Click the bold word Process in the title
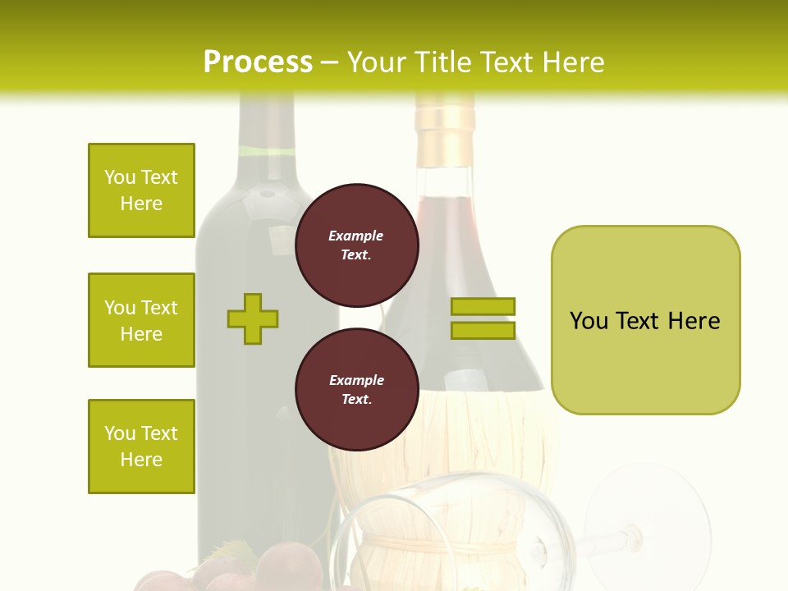coord(258,62)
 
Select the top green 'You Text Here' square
coord(141,190)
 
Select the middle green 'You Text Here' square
coord(141,320)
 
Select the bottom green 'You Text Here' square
coord(141,447)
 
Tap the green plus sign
coord(253,318)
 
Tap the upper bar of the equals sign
coord(483,306)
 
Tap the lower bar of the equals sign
coord(483,330)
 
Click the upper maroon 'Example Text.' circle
coord(356,245)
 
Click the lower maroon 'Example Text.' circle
coord(356,389)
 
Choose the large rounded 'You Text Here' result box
coord(645,320)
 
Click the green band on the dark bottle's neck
coord(266,151)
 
